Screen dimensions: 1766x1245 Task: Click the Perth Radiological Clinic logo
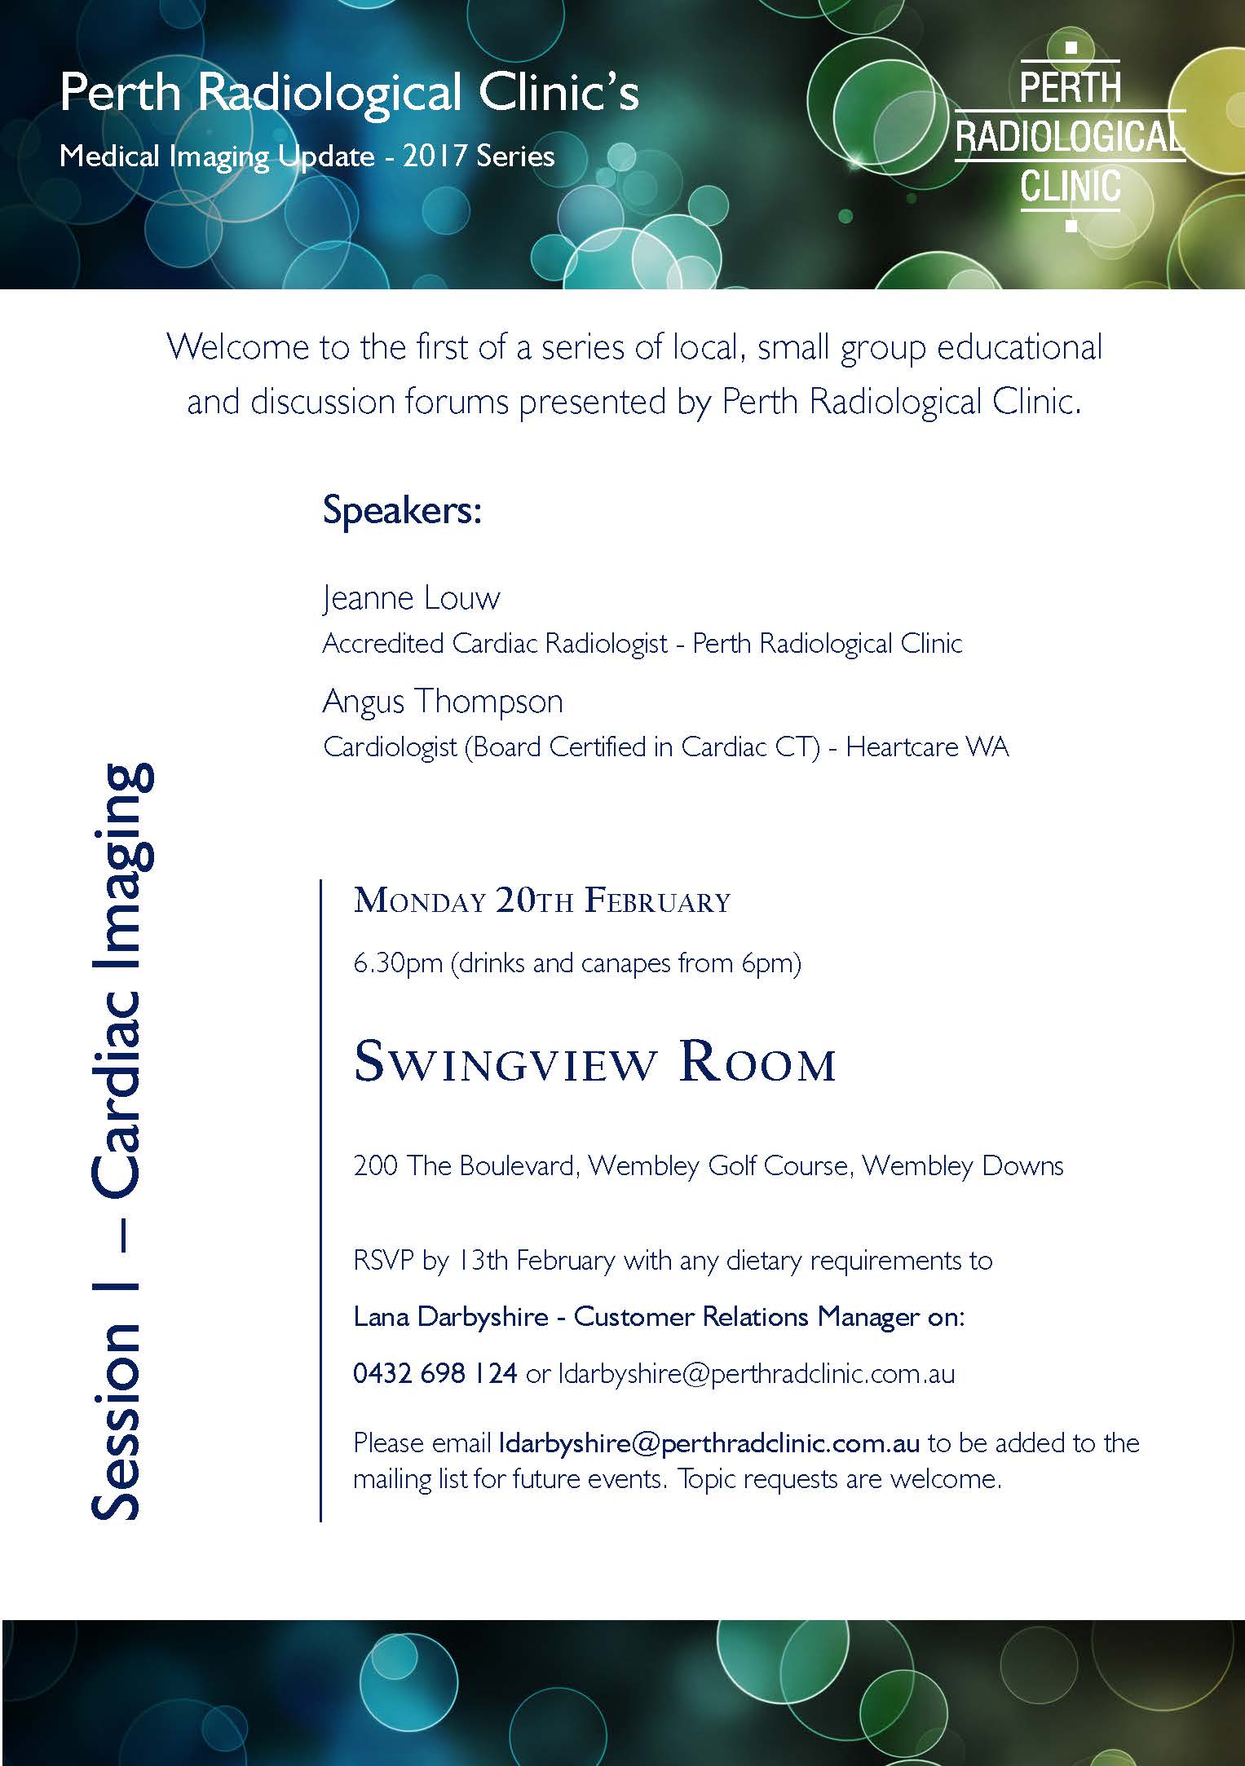1070,137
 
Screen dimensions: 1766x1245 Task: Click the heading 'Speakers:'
403,511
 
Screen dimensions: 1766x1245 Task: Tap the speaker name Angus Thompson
443,702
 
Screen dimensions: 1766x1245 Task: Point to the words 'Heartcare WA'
927,746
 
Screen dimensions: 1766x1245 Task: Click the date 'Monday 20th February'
542,901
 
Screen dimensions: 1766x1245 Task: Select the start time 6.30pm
398,964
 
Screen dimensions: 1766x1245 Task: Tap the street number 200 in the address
375,1165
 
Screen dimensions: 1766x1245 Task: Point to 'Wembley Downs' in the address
963,1165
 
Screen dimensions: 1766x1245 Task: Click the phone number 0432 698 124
435,1373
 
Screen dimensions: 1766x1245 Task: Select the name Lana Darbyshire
451,1317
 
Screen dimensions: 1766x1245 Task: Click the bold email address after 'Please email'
709,1443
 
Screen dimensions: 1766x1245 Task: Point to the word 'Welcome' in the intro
238,348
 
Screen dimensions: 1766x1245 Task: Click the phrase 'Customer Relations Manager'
744,1317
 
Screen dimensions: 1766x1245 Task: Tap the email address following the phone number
756,1373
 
